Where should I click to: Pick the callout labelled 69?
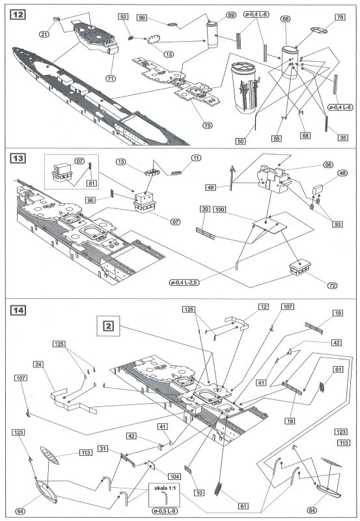230,14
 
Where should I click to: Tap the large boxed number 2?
107,324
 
